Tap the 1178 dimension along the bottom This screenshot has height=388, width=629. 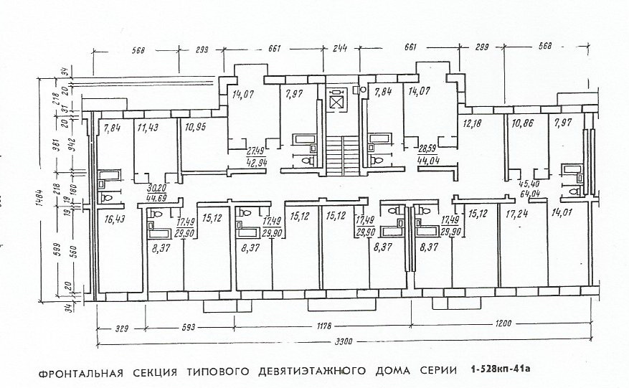coord(325,327)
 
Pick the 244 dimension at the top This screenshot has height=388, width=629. coord(340,49)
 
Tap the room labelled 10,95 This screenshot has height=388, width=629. coord(194,128)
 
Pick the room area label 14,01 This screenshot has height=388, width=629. coord(562,214)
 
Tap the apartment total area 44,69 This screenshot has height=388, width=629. coord(158,198)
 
